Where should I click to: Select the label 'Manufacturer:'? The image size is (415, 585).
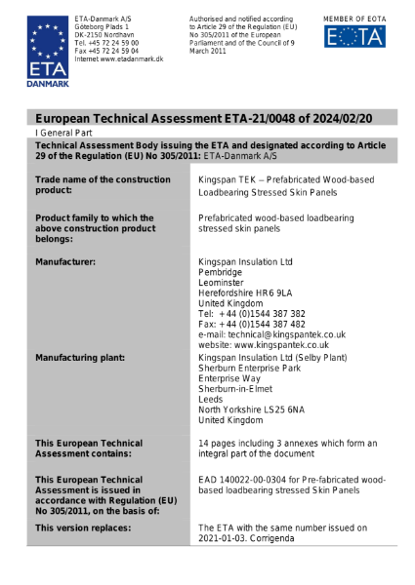(x=65, y=262)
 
